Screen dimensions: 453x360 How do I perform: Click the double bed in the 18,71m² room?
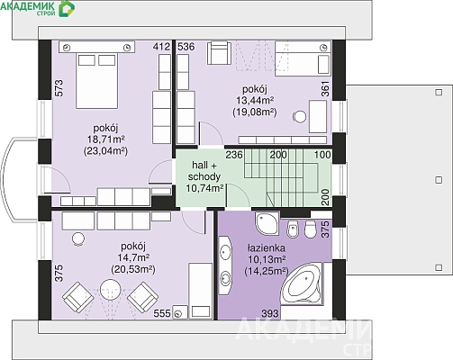96,80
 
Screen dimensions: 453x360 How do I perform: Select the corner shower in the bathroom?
267,223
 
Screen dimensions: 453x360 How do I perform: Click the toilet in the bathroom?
310,229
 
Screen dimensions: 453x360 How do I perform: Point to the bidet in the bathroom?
293,229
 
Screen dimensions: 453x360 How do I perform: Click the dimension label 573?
59,88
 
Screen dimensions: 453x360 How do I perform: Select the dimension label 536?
186,47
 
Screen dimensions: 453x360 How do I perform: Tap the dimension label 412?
161,47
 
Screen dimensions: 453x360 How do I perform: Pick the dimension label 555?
162,313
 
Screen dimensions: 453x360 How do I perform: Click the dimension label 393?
270,314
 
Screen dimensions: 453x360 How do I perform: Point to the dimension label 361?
325,89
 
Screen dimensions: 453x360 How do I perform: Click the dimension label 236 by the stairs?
234,155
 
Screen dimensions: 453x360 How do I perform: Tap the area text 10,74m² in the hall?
204,188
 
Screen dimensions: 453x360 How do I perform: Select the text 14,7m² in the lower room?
134,257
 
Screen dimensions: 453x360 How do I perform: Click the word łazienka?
267,247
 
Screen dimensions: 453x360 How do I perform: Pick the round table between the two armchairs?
110,290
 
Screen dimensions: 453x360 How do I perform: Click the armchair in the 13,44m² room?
219,53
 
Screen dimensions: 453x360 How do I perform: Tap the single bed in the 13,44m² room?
303,58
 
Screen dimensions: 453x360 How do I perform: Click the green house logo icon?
67,8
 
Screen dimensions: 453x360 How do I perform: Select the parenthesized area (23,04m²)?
105,151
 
